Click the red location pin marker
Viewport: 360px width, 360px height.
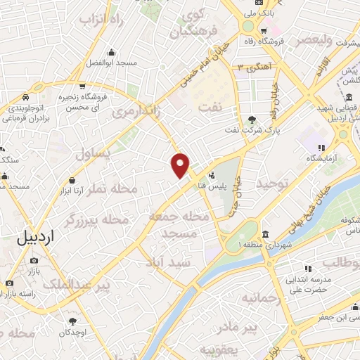point(181,165)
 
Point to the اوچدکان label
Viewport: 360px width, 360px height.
point(71,331)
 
